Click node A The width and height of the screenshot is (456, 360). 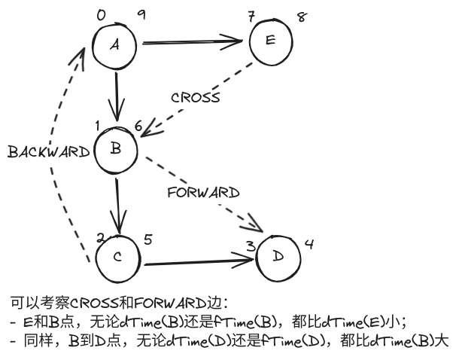coord(115,45)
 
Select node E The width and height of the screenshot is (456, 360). coord(272,40)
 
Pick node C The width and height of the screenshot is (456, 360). coord(117,257)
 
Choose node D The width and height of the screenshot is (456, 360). coord(279,257)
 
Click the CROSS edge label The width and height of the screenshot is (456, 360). coord(195,98)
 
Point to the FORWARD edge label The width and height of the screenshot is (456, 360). coord(203,192)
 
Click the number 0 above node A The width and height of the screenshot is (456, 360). coord(102,15)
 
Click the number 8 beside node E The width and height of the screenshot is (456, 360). coord(302,16)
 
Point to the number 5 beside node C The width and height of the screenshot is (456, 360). coord(147,239)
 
